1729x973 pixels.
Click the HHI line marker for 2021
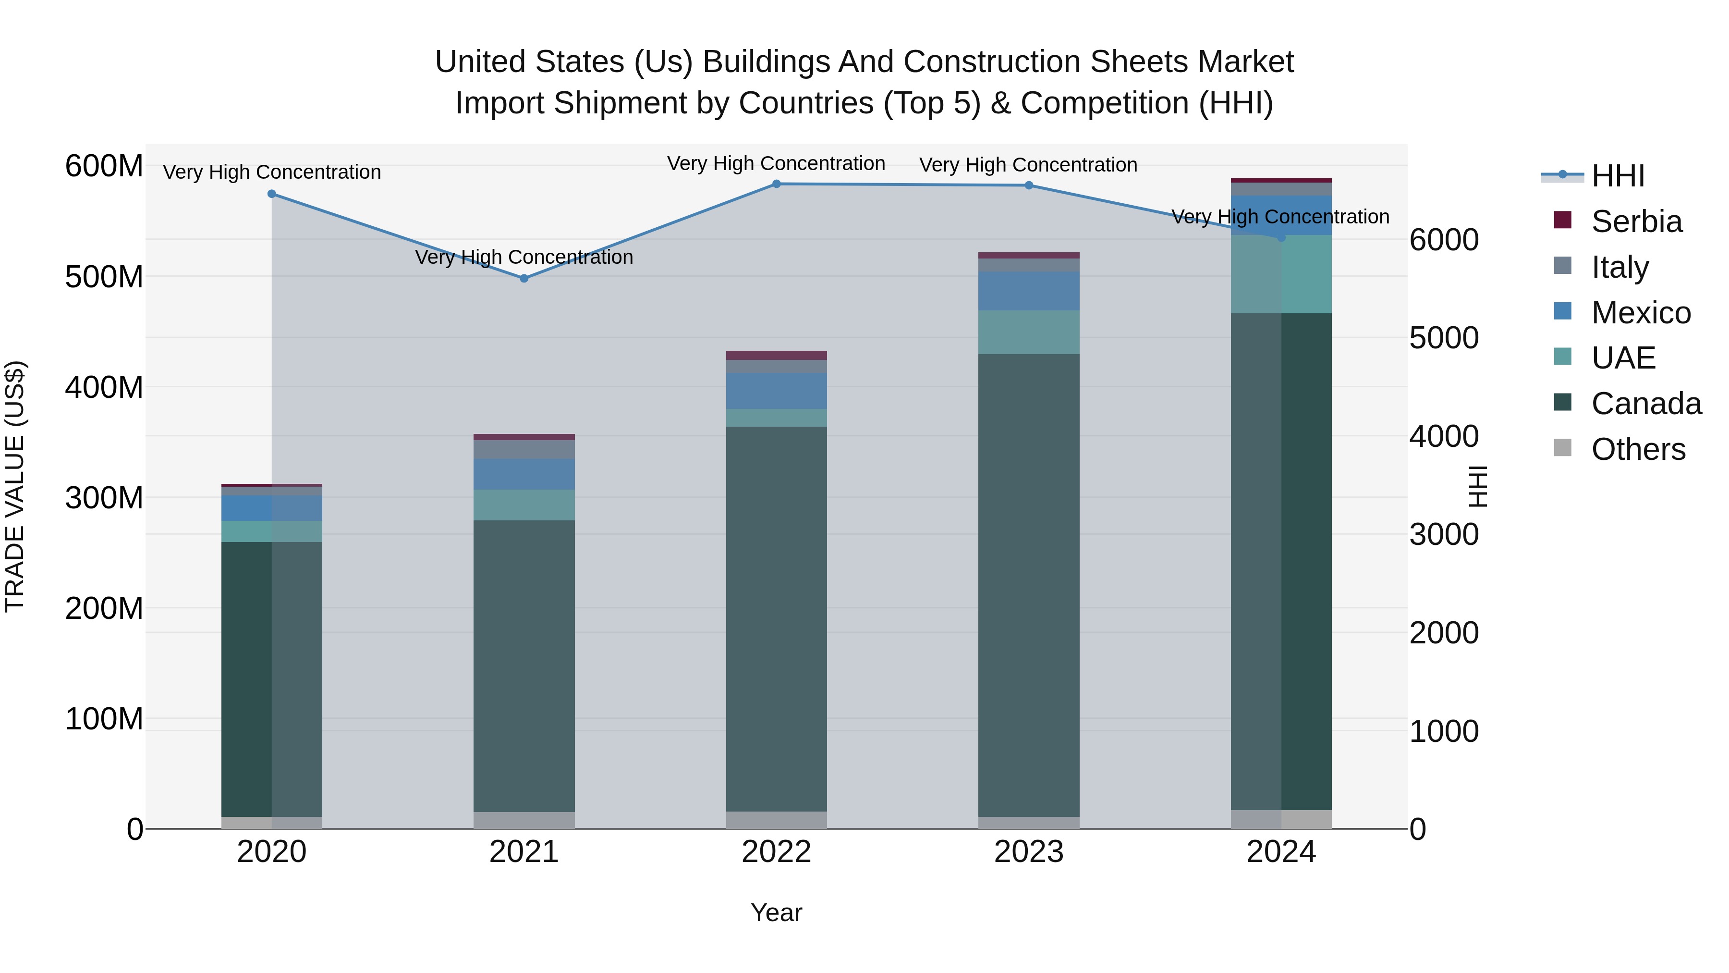[x=524, y=278]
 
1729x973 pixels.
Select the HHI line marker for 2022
[x=777, y=184]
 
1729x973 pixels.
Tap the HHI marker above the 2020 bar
[x=272, y=194]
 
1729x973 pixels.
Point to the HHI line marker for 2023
[x=1029, y=185]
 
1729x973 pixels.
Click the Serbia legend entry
[x=1636, y=222]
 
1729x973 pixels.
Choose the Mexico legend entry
[x=1641, y=313]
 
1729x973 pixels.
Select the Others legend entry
[x=1638, y=449]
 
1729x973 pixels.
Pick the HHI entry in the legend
[x=1618, y=176]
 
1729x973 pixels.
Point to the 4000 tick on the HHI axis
[x=1444, y=436]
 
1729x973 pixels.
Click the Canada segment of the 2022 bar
[x=777, y=618]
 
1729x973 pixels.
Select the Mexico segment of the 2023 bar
[x=1029, y=291]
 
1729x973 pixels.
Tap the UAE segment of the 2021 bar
[x=524, y=505]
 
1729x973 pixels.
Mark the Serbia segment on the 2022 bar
[x=777, y=355]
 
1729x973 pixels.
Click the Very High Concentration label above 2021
[x=524, y=257]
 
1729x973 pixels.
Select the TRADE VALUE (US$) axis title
[x=15, y=486]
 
